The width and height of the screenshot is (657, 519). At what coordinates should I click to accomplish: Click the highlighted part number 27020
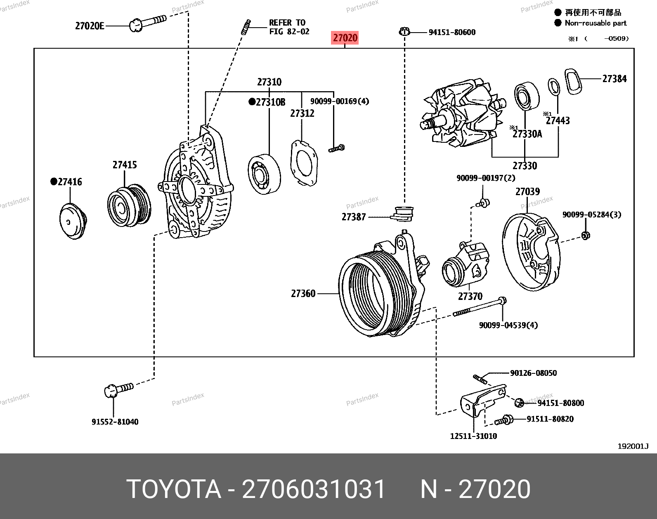[x=345, y=38]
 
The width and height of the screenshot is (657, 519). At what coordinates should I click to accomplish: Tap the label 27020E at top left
[x=90, y=26]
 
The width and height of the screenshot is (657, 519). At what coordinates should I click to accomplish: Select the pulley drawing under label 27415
[x=128, y=205]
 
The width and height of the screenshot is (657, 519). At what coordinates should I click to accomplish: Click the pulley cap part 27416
[x=72, y=221]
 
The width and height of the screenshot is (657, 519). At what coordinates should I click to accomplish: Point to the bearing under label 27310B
[x=264, y=174]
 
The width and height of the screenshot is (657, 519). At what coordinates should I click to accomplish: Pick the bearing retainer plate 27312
[x=304, y=163]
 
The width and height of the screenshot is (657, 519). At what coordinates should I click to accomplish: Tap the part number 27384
[x=614, y=79]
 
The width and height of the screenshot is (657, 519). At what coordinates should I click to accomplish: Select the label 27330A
[x=527, y=134]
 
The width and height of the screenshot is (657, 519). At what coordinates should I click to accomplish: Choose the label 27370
[x=470, y=296]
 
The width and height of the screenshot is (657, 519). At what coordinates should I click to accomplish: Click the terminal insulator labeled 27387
[x=402, y=213]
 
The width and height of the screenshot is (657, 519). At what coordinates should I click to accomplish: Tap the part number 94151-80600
[x=452, y=32]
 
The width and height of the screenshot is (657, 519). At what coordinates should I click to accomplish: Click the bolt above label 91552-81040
[x=118, y=389]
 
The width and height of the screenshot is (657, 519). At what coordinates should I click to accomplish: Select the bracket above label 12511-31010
[x=481, y=399]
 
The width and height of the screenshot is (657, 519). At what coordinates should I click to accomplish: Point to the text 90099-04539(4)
[x=508, y=325]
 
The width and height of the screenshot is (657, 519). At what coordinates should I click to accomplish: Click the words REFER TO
[x=287, y=23]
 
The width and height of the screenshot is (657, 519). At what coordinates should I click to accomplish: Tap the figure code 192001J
[x=633, y=446]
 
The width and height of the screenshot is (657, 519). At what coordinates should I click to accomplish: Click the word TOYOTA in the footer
[x=173, y=489]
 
